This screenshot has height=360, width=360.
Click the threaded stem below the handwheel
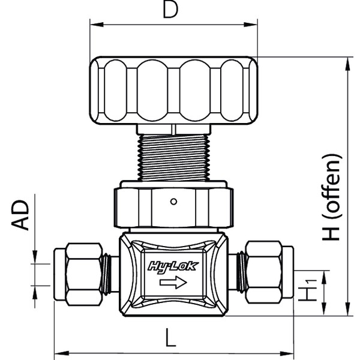(x=172, y=156)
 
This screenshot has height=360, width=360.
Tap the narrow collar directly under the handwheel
(x=172, y=128)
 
